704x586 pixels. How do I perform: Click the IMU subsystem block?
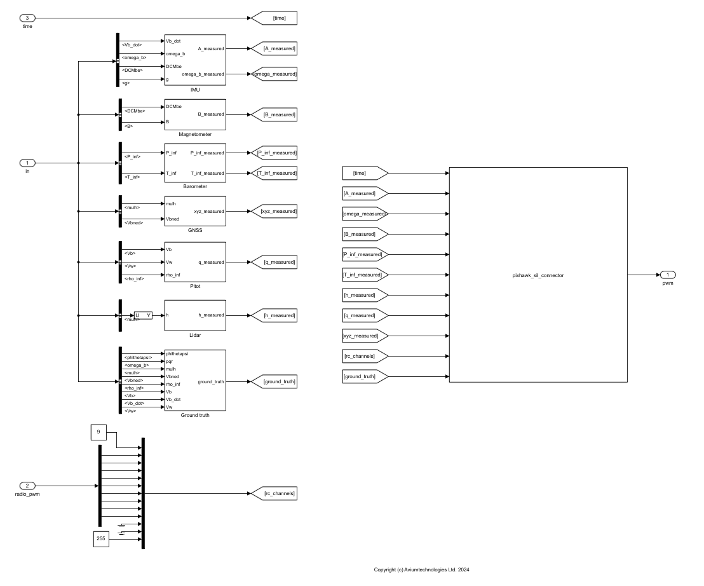[195, 60]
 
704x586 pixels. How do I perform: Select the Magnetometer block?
[195, 114]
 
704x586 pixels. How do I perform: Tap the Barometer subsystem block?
[195, 163]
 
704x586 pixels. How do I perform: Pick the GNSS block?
[195, 211]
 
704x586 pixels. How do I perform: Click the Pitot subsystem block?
[195, 262]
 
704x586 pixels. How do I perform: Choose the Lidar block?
[195, 315]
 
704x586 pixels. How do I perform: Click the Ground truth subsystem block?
[195, 380]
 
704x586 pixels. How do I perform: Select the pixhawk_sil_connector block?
[538, 275]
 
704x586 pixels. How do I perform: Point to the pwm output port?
[667, 275]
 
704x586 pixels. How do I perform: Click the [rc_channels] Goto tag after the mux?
[274, 493]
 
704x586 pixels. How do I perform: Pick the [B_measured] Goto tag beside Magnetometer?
[274, 114]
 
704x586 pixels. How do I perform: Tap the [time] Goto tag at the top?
[274, 18]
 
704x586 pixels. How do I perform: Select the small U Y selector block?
[143, 315]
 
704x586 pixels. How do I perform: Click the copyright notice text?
[421, 569]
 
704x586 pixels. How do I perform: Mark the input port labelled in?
[27, 163]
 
